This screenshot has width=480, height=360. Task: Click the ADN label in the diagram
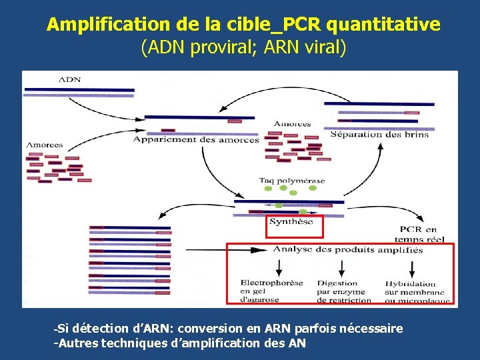70,79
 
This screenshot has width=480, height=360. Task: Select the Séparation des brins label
379,135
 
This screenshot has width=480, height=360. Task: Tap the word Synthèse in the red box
291,223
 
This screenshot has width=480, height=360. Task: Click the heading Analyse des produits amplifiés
347,251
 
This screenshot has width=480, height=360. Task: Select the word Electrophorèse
271,283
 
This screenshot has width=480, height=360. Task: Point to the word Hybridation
410,283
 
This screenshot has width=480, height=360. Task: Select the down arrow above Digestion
341,268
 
